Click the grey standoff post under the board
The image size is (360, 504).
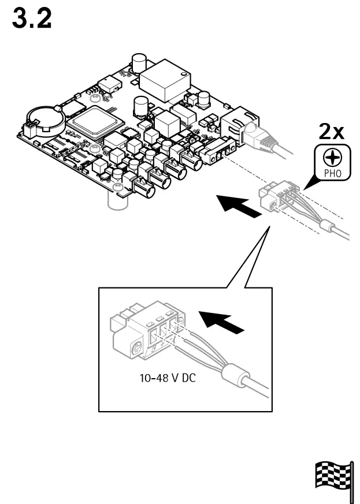pyautogui.click(x=117, y=199)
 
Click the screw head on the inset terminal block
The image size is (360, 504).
pyautogui.click(x=137, y=348)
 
